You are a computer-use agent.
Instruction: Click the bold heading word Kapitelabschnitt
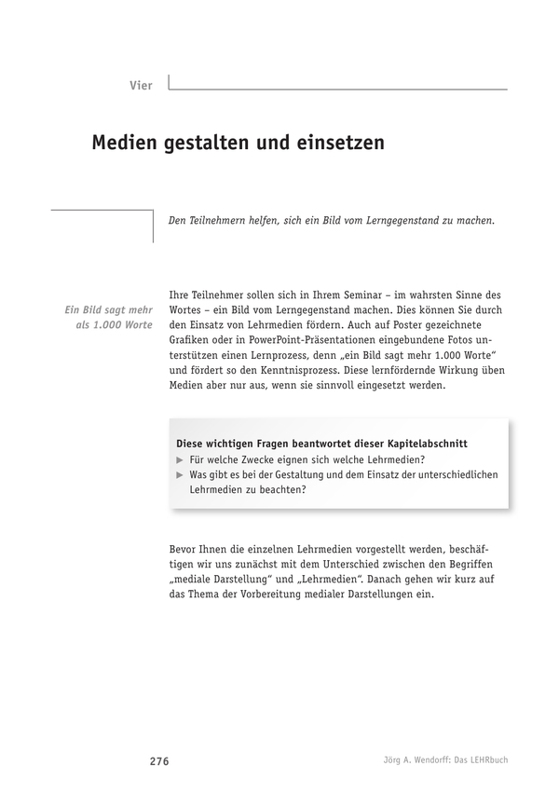point(424,444)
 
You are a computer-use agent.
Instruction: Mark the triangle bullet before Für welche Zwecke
point(181,460)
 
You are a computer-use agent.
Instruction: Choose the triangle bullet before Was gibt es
point(181,475)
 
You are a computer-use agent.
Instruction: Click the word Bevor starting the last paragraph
point(188,550)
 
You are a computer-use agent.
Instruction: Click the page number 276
point(158,760)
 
